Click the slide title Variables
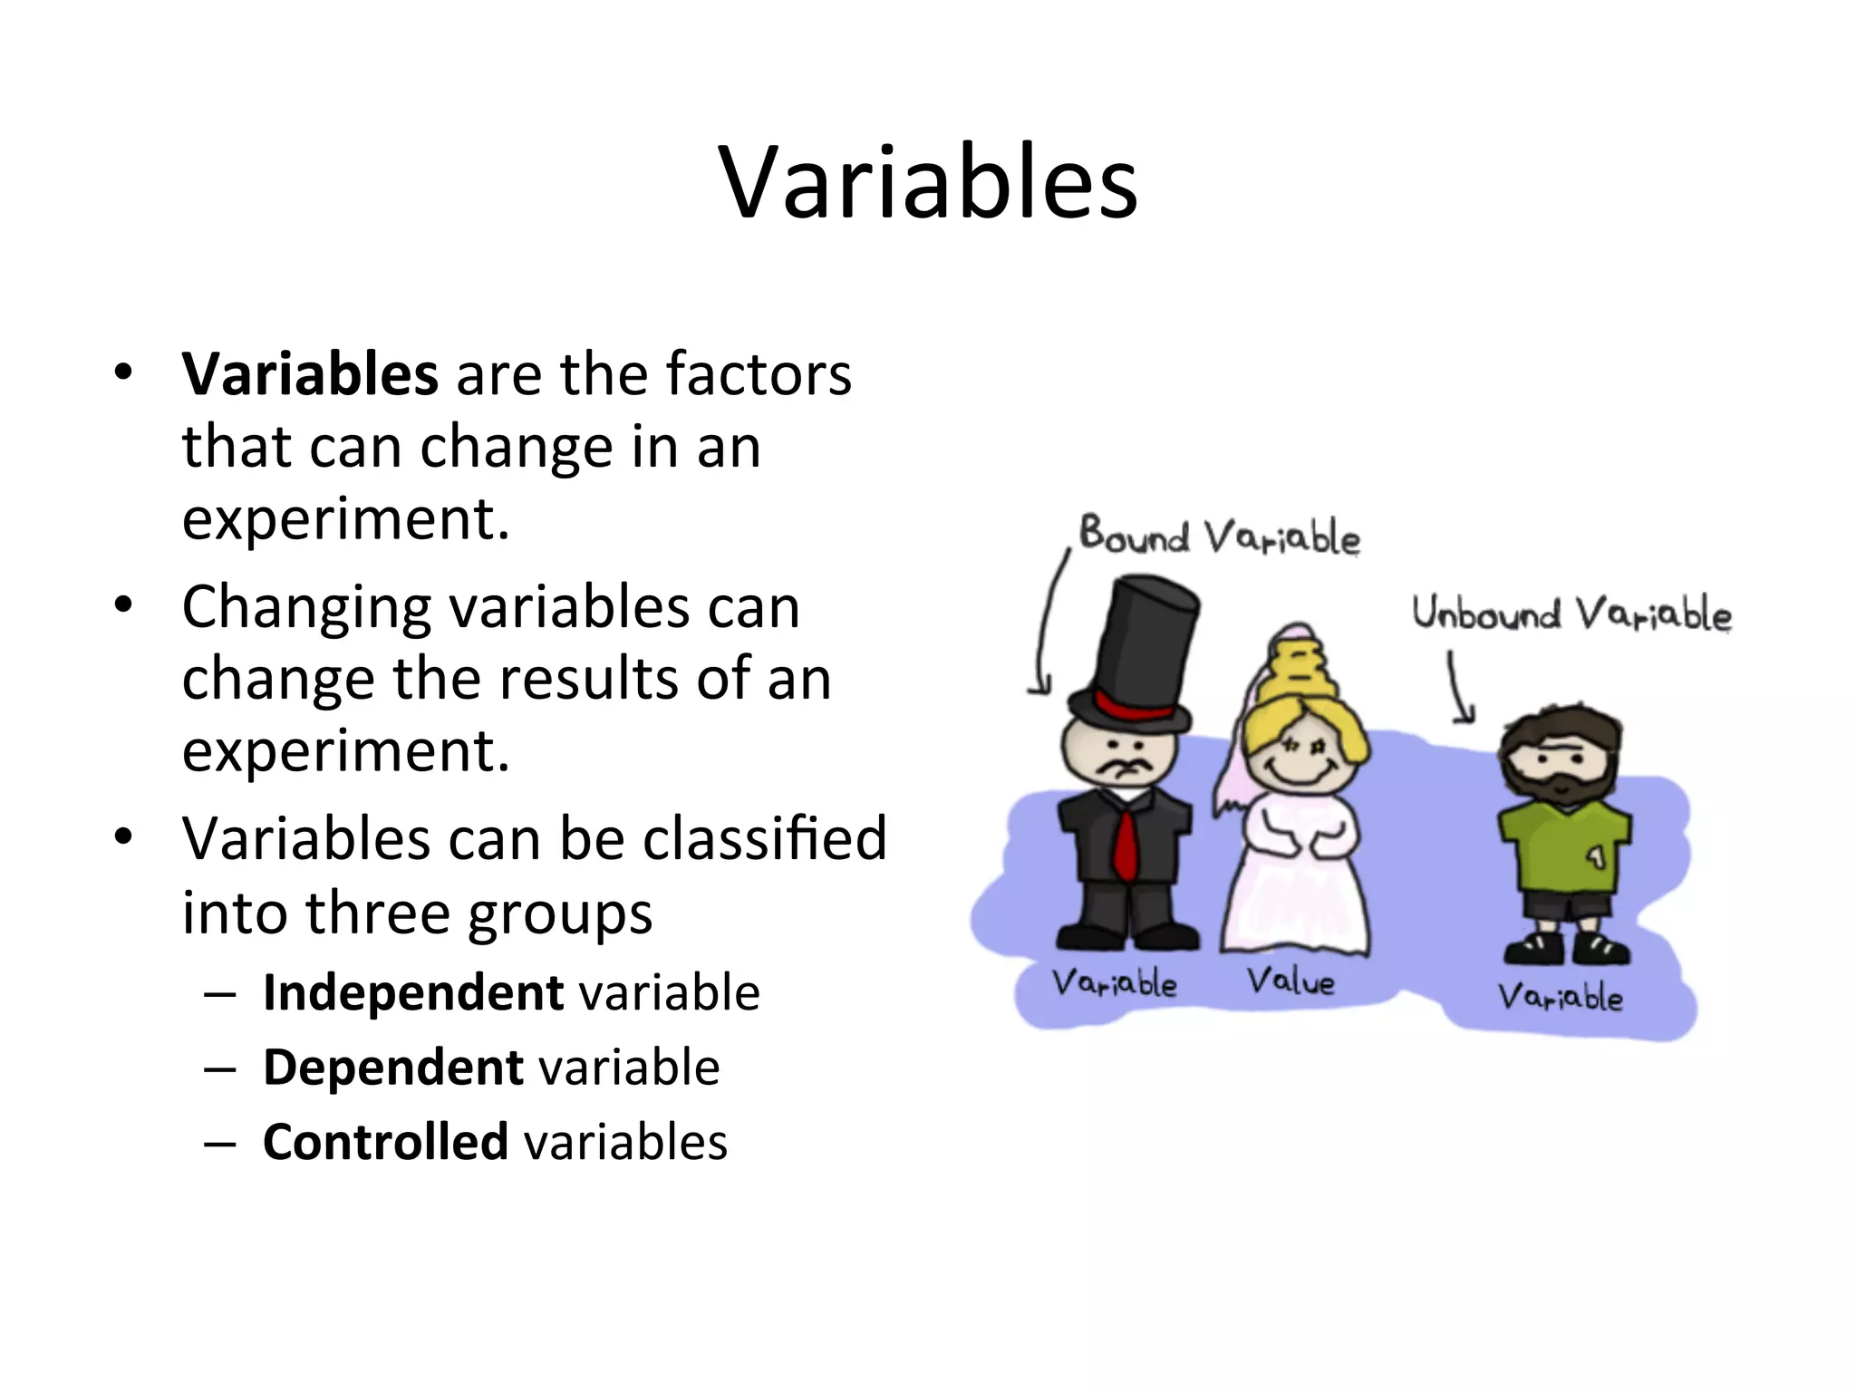(x=928, y=184)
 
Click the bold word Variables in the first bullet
(x=310, y=374)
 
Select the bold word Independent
(x=412, y=992)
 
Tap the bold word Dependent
(x=392, y=1067)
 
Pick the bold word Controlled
(x=385, y=1142)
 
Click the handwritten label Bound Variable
(x=1219, y=536)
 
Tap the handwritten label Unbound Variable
(x=1571, y=614)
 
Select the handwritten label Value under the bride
(x=1290, y=981)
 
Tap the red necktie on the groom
(x=1125, y=845)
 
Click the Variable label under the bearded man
(x=1559, y=998)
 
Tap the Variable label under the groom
(x=1114, y=983)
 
